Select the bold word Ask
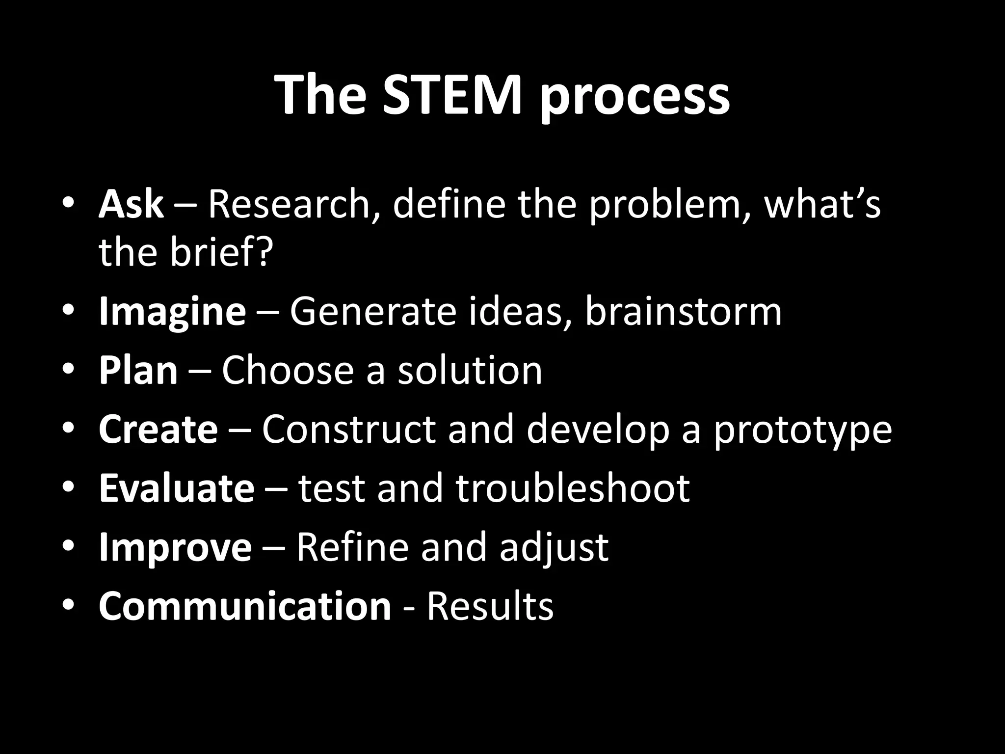pos(131,204)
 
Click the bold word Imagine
pos(172,312)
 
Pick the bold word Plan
pos(138,371)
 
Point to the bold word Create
pos(158,430)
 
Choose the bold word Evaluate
pos(177,488)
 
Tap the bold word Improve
pos(175,547)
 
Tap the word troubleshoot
pos(573,488)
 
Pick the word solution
pos(470,371)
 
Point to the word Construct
pos(348,430)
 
